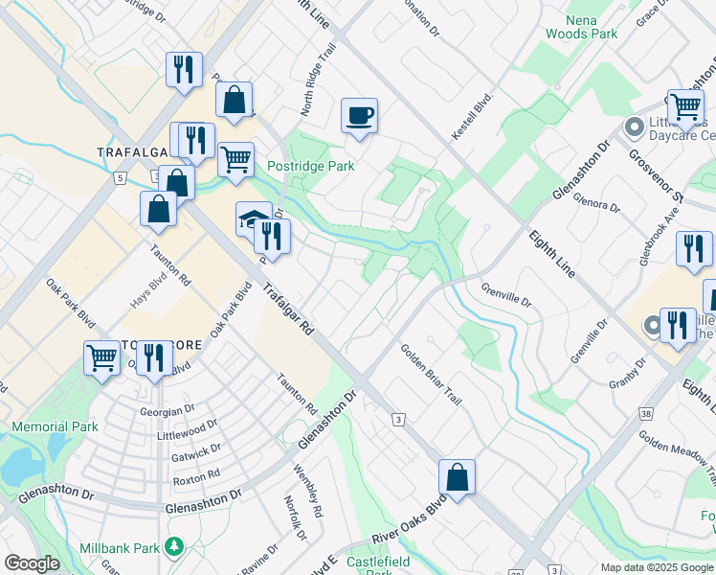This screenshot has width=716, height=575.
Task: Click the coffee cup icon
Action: click(359, 116)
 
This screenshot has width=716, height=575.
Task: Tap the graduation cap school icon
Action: click(251, 219)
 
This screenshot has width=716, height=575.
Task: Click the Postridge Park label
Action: click(310, 166)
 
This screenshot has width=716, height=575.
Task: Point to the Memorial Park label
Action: click(55, 426)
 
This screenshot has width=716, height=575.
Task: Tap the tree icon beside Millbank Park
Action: click(173, 545)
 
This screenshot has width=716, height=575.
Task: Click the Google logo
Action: click(32, 563)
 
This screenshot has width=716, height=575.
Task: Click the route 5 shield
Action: click(120, 177)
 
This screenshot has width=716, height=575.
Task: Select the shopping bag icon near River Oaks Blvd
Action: click(458, 476)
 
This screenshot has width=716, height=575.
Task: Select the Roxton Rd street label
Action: click(197, 473)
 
